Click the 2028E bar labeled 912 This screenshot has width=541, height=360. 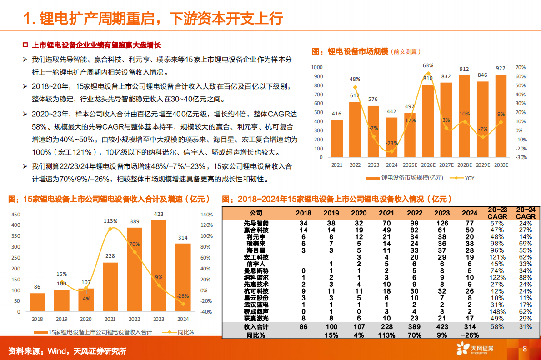click(x=464, y=116)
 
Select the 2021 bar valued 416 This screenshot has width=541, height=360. click(x=337, y=139)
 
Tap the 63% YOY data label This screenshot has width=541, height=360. click(x=428, y=65)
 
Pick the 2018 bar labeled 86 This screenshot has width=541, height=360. click(x=38, y=302)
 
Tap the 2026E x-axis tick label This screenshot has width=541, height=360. click(x=428, y=165)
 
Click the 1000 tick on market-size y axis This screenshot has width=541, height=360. click(x=317, y=67)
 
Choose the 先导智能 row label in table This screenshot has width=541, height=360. click(x=256, y=223)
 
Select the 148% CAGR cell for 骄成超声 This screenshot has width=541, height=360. click(x=497, y=311)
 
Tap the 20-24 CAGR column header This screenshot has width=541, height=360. click(x=525, y=213)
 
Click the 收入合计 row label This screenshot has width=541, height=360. click(x=256, y=327)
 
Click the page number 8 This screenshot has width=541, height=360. click(x=525, y=349)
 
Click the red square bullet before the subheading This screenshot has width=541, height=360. click(x=26, y=45)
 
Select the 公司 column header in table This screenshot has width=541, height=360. click(x=256, y=213)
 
